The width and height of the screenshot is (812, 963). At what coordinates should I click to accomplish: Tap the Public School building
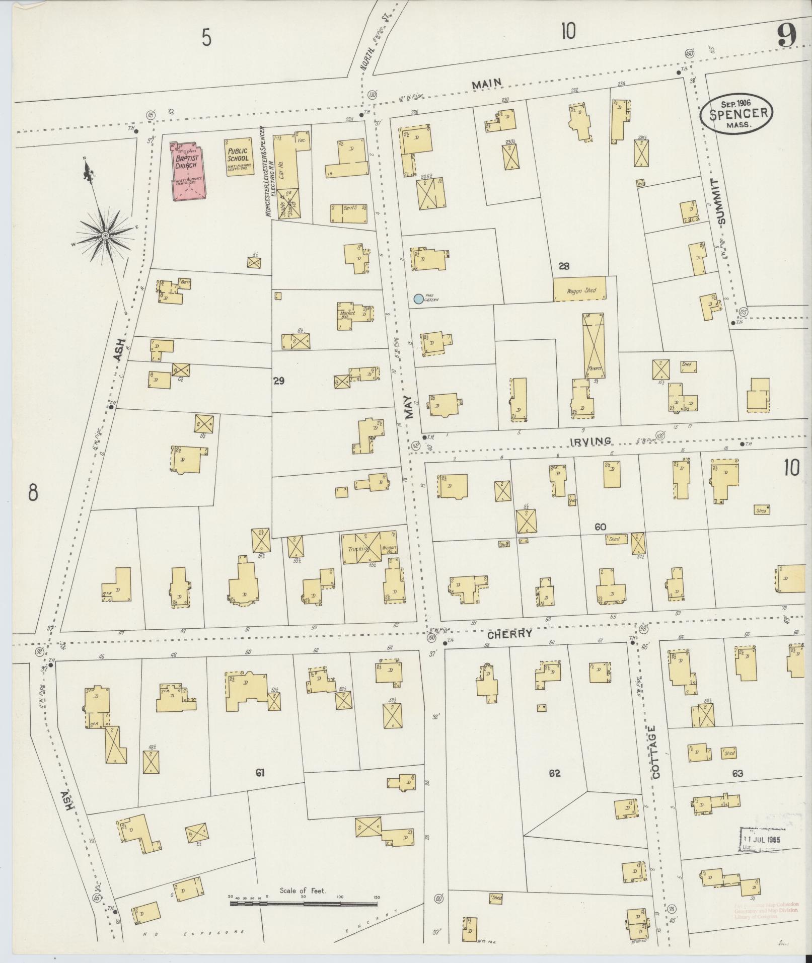point(238,157)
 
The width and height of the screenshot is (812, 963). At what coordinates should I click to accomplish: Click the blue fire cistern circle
point(418,299)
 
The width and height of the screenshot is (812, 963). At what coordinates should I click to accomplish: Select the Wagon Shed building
point(579,290)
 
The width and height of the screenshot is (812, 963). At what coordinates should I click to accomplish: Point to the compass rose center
point(106,235)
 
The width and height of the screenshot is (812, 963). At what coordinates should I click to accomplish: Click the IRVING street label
point(590,441)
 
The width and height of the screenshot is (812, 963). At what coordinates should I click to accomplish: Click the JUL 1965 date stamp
point(762,840)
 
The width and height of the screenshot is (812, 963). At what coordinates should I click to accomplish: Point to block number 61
point(260,773)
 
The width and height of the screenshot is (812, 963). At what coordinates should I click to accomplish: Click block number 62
point(554,773)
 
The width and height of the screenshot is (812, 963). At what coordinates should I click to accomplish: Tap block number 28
point(564,266)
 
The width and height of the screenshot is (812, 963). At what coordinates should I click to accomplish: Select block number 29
point(278,381)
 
